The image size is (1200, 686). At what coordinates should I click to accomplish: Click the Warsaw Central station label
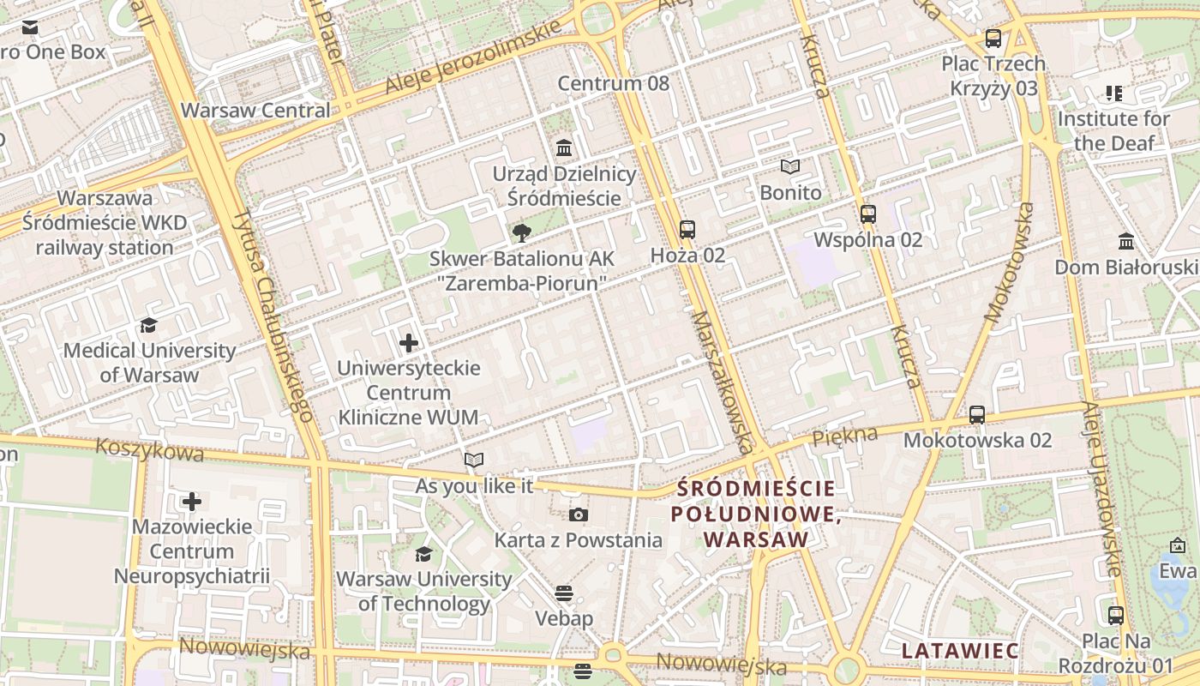pos(255,111)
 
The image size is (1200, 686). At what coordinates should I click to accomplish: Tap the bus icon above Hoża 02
pos(687,230)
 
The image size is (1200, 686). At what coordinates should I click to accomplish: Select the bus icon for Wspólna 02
pos(868,214)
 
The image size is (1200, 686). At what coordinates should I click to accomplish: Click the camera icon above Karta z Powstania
pos(579,514)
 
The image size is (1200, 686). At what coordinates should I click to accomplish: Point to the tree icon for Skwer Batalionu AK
pos(521,232)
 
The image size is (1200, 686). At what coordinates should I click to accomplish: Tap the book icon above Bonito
pos(790,167)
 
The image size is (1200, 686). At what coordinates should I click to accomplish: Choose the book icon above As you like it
pos(474,460)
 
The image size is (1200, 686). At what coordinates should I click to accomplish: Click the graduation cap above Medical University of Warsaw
pos(149,325)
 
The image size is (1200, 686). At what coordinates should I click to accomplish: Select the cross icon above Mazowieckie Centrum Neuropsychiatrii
pos(192,501)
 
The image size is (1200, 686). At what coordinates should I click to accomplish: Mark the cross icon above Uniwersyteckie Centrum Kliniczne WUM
pos(409,343)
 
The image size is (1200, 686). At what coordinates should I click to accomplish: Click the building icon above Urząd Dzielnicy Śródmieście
pos(564,148)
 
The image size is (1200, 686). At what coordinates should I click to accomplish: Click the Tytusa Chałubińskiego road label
pos(272,314)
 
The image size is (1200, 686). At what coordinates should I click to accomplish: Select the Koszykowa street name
pos(149,449)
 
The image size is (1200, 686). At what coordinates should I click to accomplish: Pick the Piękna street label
pos(845,436)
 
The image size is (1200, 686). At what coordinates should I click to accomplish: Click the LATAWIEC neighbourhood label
pos(960,651)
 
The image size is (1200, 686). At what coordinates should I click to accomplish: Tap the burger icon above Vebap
pos(563,593)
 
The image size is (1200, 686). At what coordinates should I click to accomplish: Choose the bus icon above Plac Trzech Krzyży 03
pos(993,39)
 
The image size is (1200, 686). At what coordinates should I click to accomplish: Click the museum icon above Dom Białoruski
pos(1126,242)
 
